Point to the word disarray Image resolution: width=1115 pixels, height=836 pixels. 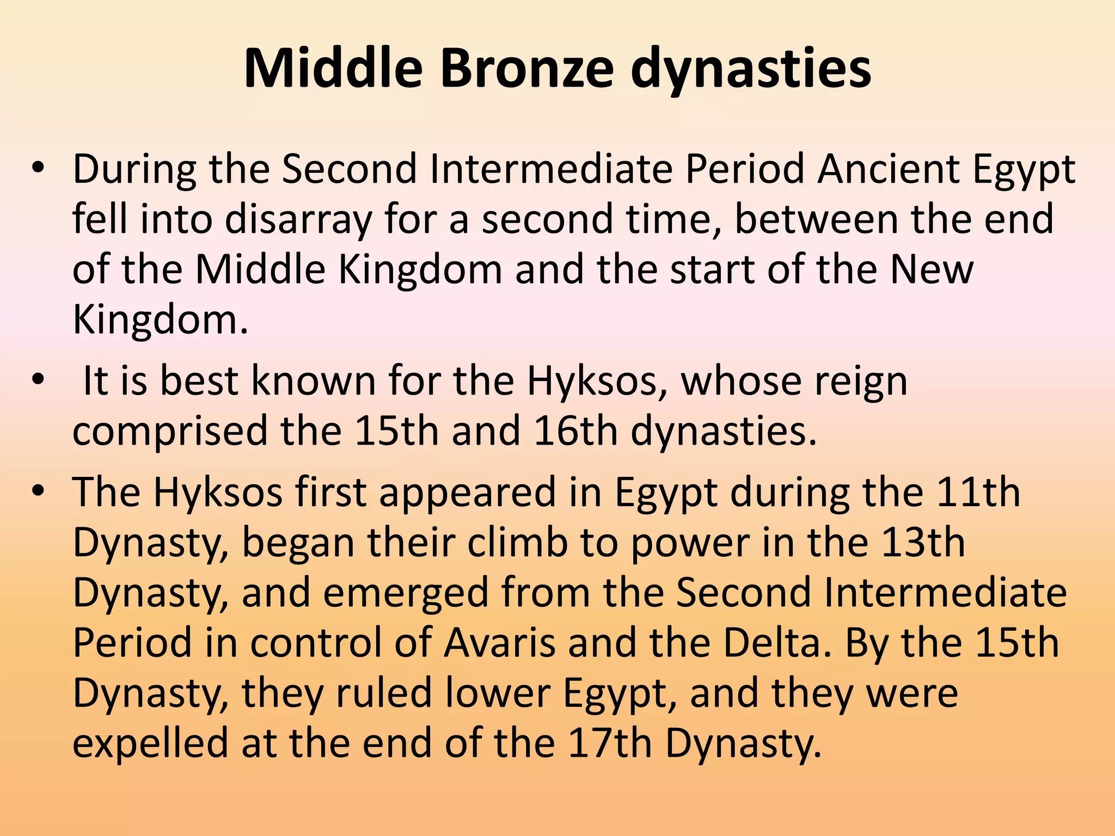pyautogui.click(x=298, y=219)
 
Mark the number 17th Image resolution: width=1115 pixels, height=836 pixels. pyautogui.click(x=610, y=743)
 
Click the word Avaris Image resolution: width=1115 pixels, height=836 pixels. pyautogui.click(x=500, y=643)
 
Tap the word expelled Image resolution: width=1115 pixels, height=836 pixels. pyautogui.click(x=150, y=743)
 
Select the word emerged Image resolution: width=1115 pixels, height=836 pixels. pyautogui.click(x=406, y=593)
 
